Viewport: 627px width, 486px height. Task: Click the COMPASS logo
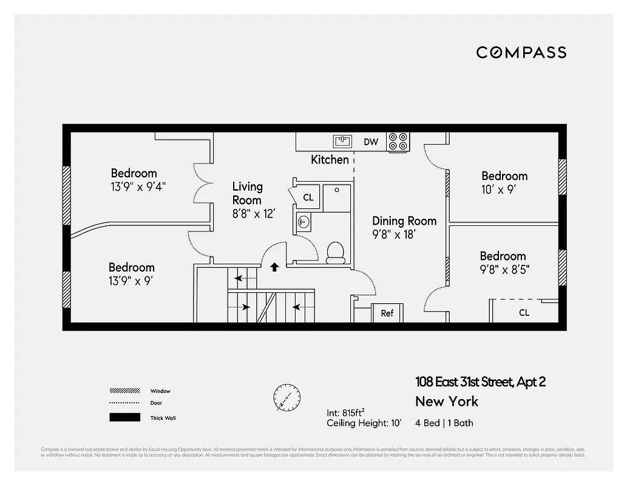[x=521, y=53]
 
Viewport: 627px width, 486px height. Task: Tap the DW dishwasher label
[x=370, y=142]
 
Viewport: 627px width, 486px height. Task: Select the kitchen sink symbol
[x=342, y=142]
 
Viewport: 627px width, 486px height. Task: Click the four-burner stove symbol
[x=398, y=142]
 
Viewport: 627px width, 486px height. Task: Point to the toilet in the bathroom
[x=335, y=252]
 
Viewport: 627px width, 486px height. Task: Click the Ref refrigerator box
[x=387, y=313]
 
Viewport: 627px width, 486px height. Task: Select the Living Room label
[x=247, y=193]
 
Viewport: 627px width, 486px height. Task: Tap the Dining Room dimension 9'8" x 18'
[x=395, y=235]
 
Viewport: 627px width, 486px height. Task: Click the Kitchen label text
[x=330, y=160]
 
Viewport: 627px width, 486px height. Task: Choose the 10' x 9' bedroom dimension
[x=498, y=190]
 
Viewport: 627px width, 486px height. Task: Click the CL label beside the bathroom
[x=308, y=197]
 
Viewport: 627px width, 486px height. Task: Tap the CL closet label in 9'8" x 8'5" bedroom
[x=524, y=313]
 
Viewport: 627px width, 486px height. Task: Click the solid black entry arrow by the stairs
[x=274, y=266]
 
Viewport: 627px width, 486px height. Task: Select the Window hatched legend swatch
[x=124, y=391]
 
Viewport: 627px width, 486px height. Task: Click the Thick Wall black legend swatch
[x=124, y=417]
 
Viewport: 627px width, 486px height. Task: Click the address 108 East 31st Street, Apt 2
[x=480, y=382]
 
